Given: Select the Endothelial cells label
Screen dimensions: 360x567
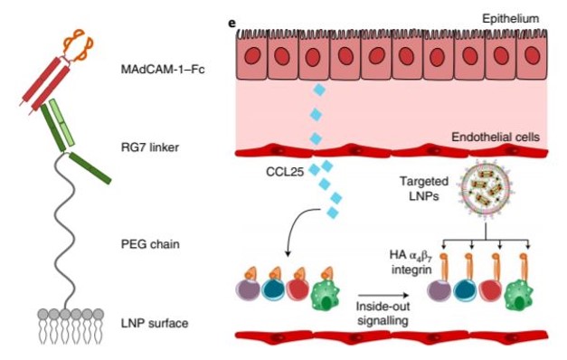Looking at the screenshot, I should pyautogui.click(x=495, y=137).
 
